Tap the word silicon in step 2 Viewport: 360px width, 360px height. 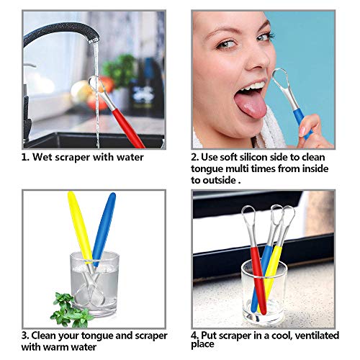[264, 157]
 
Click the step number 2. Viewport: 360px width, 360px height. [194, 157]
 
